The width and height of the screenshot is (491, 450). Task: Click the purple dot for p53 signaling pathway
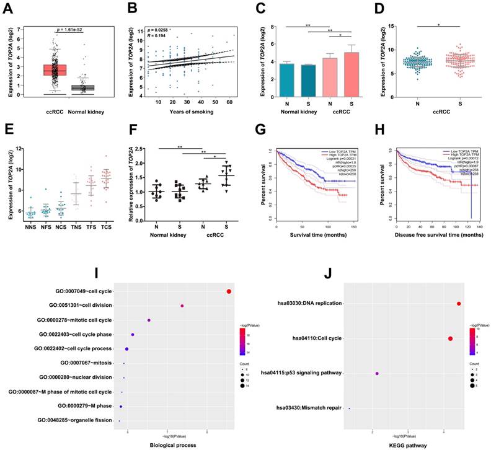click(x=377, y=374)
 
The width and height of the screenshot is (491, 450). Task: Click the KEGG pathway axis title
click(x=407, y=444)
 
